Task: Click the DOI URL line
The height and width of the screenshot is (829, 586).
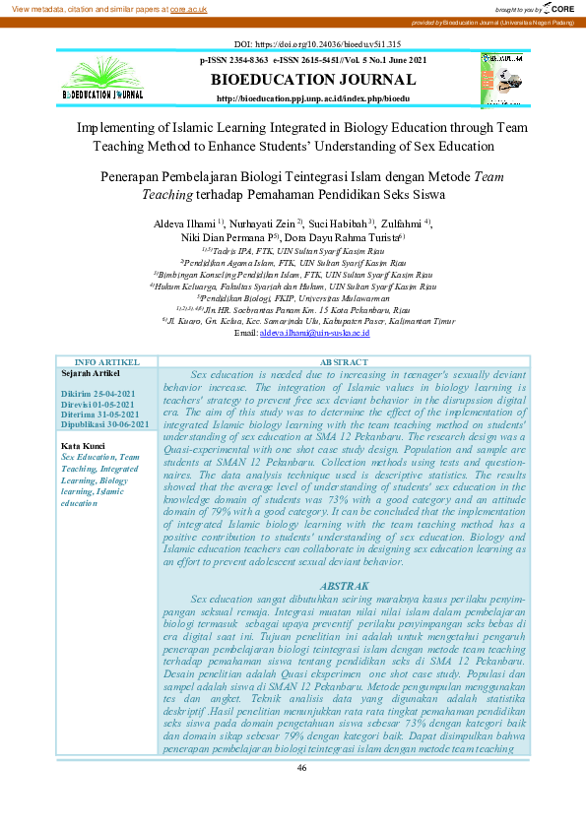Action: (292, 45)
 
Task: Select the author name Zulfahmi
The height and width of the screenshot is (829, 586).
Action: (401, 223)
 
